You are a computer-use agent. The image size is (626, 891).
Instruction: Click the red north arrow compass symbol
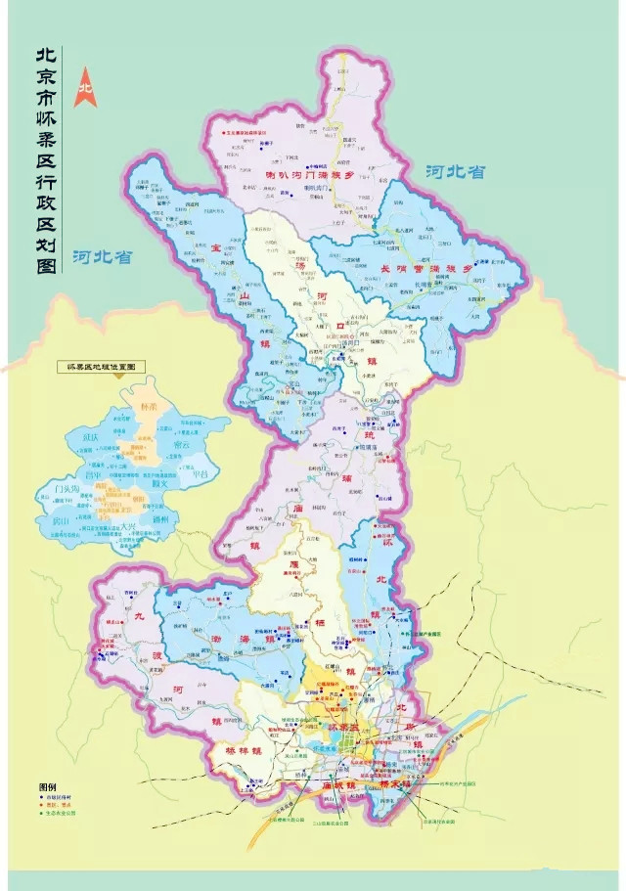(x=86, y=82)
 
